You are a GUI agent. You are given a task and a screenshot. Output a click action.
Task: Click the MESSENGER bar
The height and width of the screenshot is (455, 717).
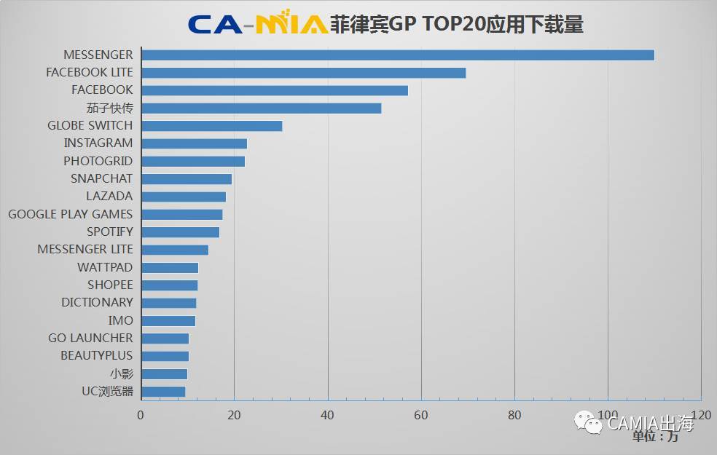(x=397, y=55)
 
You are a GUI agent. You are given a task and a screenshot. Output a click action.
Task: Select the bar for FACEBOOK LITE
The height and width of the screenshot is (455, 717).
(x=303, y=73)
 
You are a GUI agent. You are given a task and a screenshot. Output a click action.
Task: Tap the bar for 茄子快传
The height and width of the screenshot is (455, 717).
(x=261, y=108)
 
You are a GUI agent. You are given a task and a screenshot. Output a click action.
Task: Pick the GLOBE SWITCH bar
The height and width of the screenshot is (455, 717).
(x=211, y=126)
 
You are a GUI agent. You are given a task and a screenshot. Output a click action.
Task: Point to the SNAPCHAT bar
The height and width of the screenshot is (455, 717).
(x=187, y=179)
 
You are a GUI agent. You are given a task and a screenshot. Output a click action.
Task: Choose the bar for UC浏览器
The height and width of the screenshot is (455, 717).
(x=163, y=392)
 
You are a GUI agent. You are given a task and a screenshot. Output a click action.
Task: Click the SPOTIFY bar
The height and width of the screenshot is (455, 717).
(x=180, y=232)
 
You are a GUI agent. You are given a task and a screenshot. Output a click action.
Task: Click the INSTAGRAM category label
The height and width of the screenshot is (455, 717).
(x=98, y=143)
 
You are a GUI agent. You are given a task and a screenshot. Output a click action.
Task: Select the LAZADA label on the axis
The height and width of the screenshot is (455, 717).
(x=109, y=197)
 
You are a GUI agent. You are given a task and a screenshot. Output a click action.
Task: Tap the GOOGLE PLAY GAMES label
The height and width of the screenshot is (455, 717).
(x=71, y=214)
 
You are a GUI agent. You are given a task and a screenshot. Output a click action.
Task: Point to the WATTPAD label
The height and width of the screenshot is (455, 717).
(x=105, y=267)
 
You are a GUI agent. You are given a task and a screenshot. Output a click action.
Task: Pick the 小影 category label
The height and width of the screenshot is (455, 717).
(x=122, y=373)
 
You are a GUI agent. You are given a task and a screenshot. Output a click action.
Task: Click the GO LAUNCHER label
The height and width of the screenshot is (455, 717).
(x=90, y=339)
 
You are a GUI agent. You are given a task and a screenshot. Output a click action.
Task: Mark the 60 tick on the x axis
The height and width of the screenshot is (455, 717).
(x=421, y=416)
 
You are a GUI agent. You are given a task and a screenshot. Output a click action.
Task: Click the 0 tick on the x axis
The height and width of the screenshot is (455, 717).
(x=141, y=416)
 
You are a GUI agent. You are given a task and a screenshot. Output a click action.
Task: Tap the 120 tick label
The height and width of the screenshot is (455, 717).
(x=700, y=415)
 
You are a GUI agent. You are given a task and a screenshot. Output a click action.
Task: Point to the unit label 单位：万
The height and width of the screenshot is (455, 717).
(x=654, y=437)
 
